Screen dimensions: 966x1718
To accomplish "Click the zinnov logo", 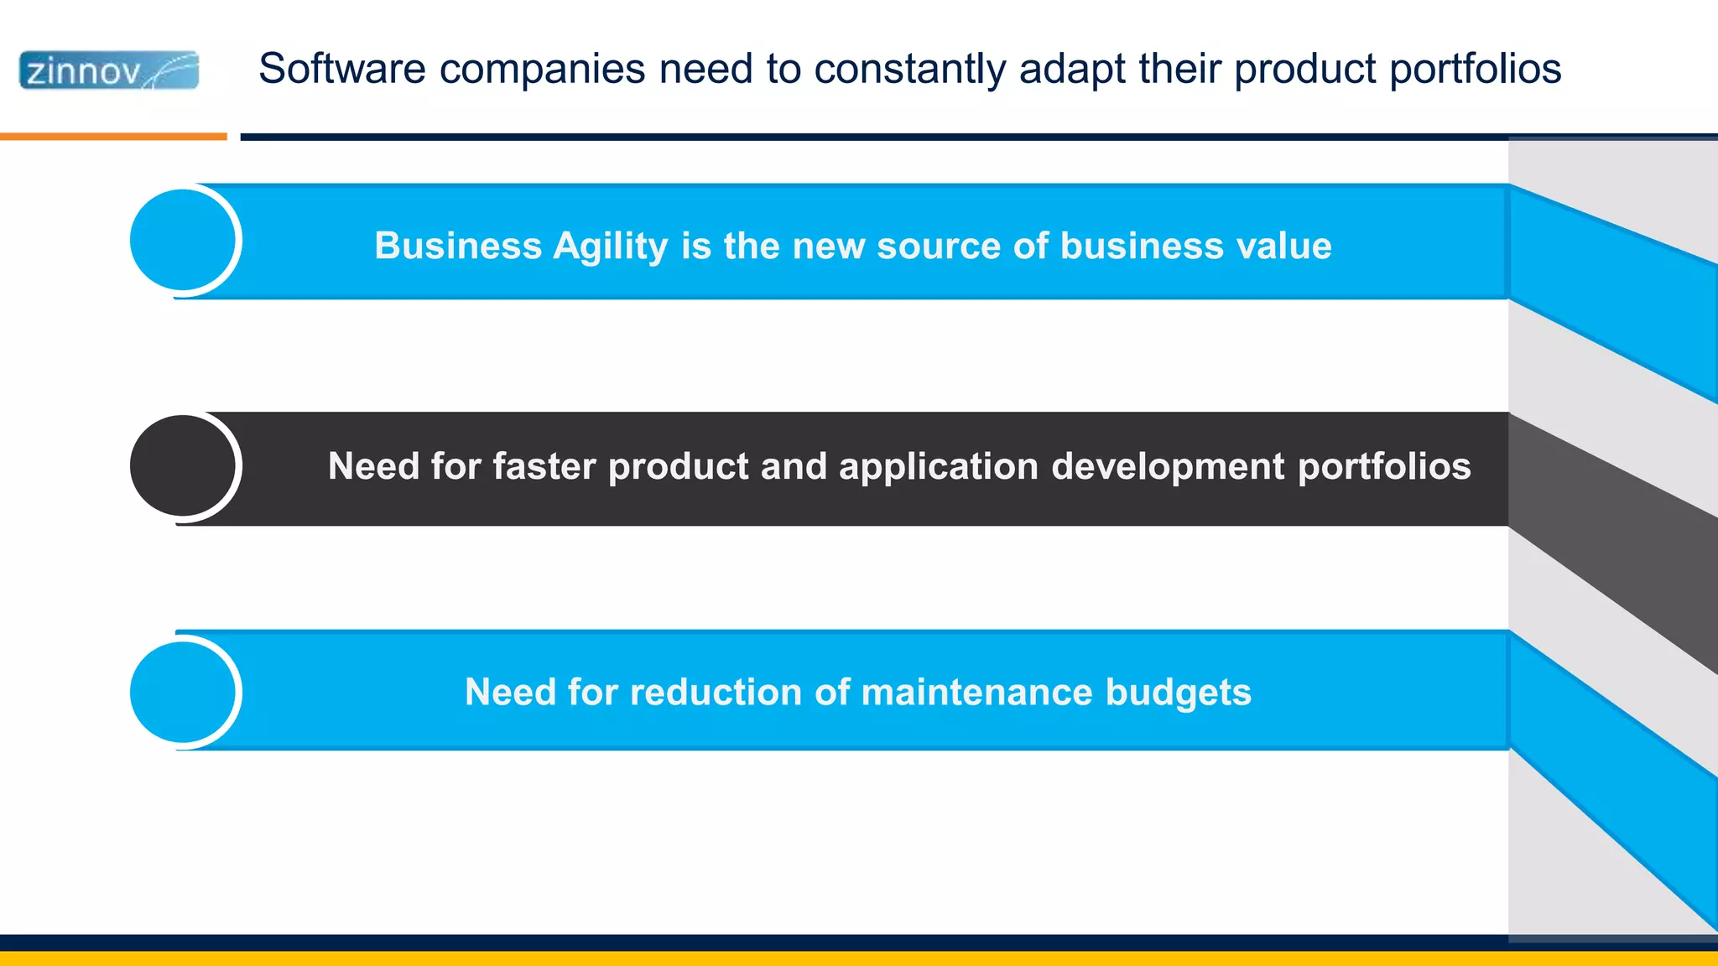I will (109, 70).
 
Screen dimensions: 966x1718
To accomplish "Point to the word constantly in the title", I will (909, 69).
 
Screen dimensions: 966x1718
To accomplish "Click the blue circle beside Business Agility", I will (183, 241).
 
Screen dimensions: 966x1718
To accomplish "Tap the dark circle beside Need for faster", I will (183, 466).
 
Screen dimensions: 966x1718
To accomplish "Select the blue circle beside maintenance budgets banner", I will (183, 692).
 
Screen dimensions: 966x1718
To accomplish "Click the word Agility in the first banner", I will (610, 247).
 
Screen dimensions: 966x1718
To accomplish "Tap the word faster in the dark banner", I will (544, 466).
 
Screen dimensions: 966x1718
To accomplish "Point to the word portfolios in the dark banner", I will (1384, 467).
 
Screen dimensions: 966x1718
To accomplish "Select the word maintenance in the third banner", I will (976, 693).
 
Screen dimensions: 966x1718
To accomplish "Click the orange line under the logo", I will (113, 136).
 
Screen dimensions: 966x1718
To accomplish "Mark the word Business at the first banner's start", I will (457, 247).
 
